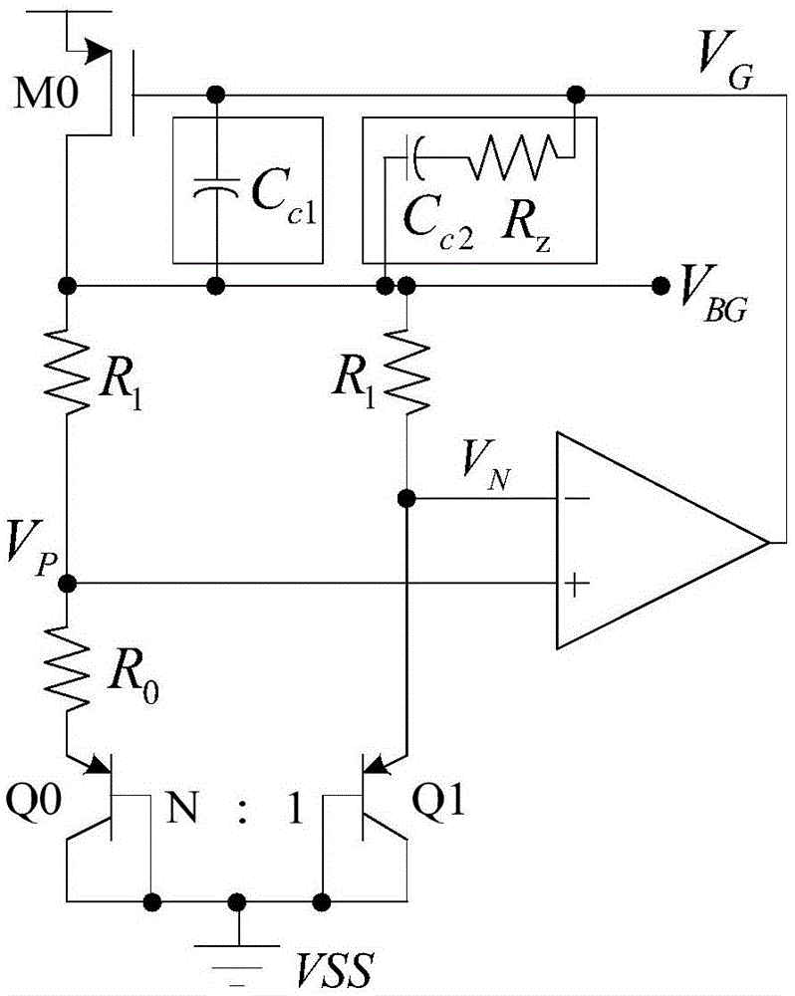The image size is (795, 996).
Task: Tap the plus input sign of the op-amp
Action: click(x=575, y=587)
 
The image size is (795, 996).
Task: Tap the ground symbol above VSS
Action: click(x=237, y=947)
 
